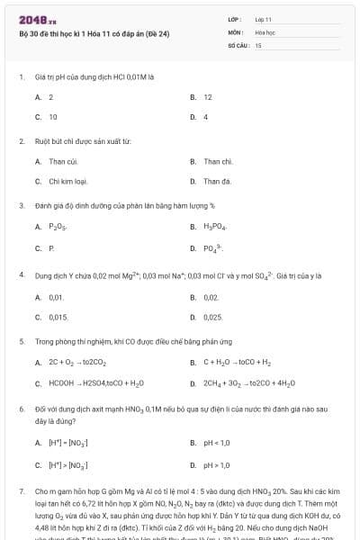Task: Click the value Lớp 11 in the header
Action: [263, 18]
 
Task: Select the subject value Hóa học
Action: [265, 31]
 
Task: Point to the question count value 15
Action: [258, 43]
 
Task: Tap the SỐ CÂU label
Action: [238, 43]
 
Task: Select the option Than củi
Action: [61, 161]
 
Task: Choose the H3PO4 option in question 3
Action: [214, 227]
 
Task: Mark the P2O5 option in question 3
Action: [57, 227]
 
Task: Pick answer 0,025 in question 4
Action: [213, 317]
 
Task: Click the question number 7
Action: [21, 491]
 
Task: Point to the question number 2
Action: [21, 141]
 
